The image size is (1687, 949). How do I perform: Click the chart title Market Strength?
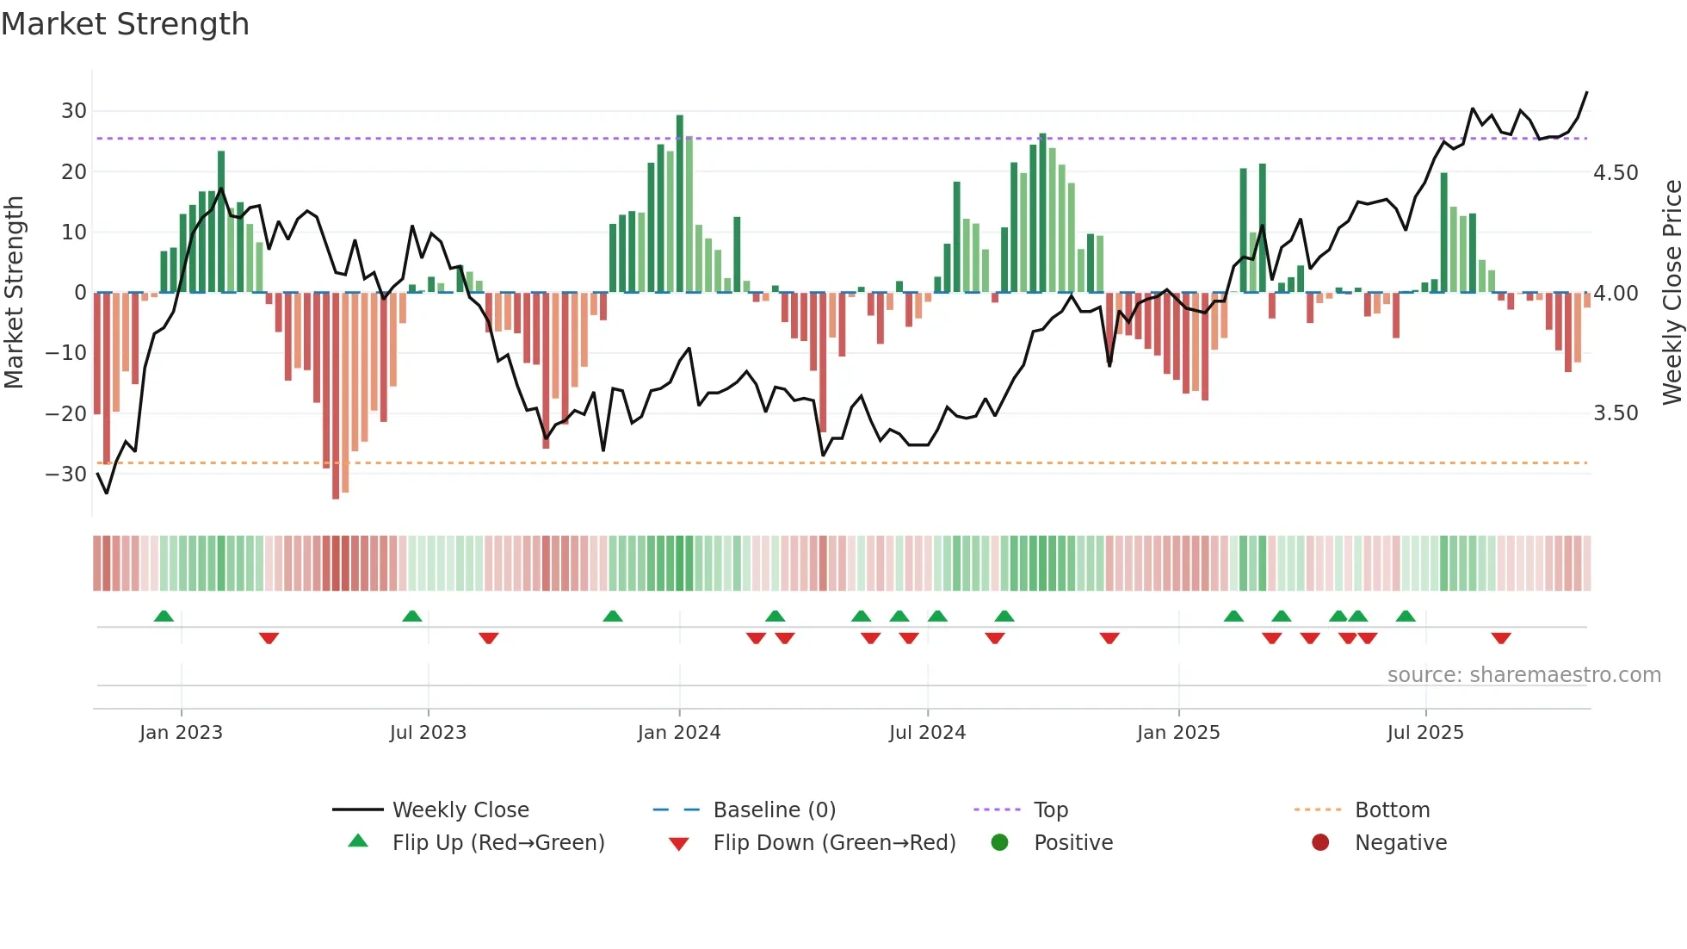(x=125, y=24)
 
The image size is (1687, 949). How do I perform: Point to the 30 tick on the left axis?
(x=74, y=111)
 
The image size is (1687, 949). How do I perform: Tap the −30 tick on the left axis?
(x=66, y=474)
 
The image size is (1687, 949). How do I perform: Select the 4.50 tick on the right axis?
(x=1616, y=173)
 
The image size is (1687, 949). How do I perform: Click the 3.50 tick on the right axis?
(x=1616, y=413)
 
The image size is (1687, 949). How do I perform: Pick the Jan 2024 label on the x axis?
(x=679, y=733)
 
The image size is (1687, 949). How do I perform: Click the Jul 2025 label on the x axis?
(x=1425, y=733)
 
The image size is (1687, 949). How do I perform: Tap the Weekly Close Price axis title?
(x=1672, y=292)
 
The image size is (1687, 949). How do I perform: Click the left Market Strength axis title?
(x=14, y=292)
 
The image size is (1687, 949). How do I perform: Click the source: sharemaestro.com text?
(x=1523, y=675)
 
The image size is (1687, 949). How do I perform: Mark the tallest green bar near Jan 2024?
(x=680, y=202)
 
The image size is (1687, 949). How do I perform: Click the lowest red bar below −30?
(x=336, y=396)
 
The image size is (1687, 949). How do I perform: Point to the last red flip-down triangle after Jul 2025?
(x=1501, y=638)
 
